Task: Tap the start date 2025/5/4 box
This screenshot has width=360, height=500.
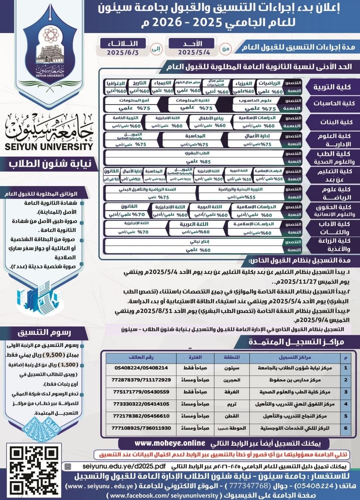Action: point(194,48)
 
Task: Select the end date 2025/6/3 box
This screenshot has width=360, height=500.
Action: point(123,48)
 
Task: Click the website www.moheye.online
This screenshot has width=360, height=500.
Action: point(170,443)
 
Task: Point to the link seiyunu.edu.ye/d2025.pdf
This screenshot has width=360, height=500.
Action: point(124,466)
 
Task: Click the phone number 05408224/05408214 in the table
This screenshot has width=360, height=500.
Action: point(141,368)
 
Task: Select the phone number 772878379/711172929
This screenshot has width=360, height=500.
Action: point(141,380)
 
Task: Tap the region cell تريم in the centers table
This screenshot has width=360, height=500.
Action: point(232,404)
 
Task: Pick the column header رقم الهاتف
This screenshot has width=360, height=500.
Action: point(141,357)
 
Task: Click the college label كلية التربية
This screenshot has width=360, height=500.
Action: point(332,87)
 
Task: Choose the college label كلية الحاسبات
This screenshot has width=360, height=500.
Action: point(334,103)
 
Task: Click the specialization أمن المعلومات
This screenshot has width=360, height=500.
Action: point(134,100)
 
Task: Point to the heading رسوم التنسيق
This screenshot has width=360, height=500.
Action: point(44,332)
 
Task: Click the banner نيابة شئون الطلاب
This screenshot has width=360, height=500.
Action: point(50,164)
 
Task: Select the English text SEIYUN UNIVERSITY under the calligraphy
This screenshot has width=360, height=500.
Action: point(49,146)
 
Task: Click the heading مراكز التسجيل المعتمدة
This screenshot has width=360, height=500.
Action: point(296,342)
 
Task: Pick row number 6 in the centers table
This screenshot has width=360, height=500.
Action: point(346,428)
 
